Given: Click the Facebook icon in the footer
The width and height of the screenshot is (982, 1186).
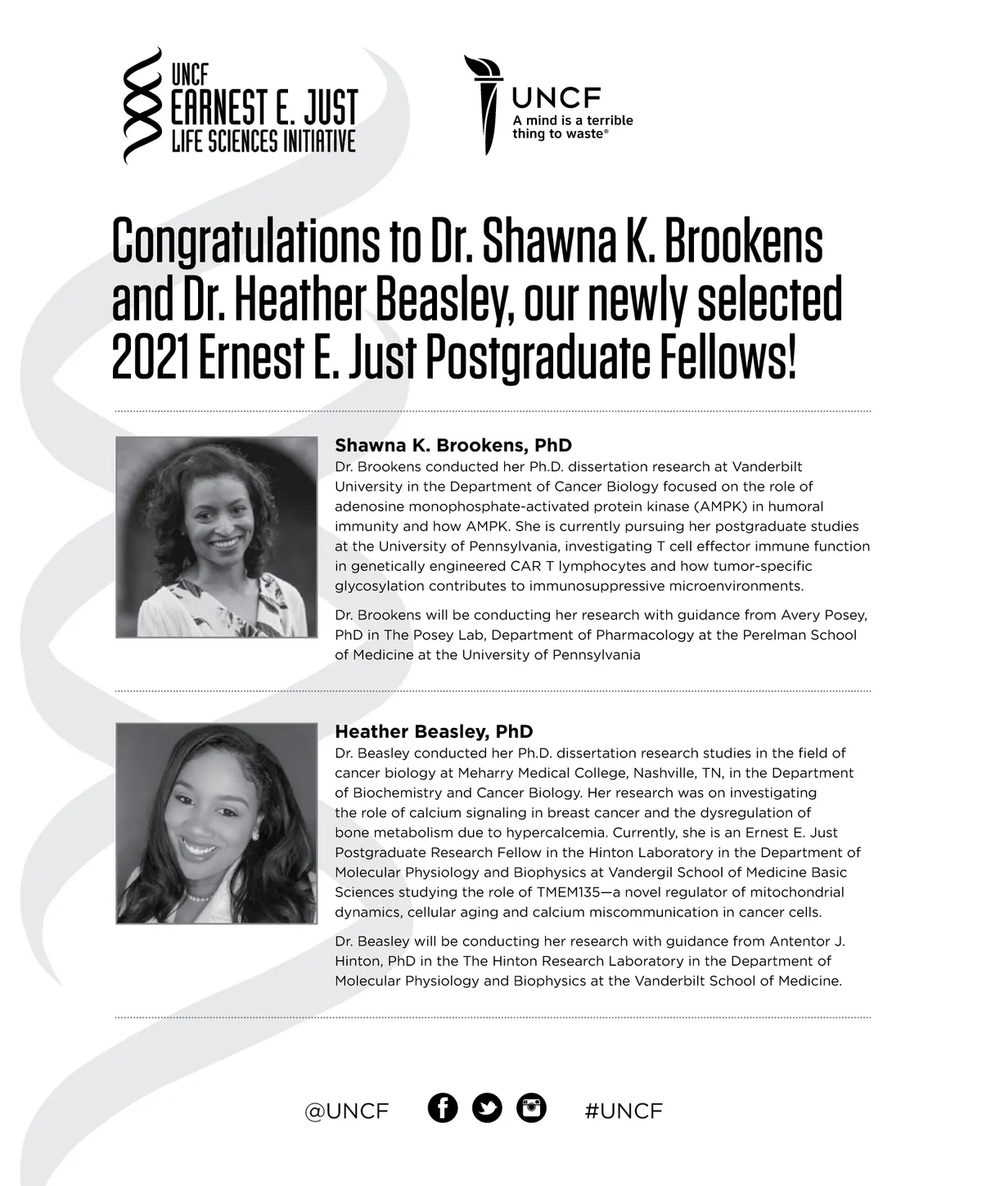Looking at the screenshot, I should [443, 1108].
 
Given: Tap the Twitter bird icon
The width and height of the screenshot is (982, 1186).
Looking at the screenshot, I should [487, 1108].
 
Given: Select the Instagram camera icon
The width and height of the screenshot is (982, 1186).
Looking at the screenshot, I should [531, 1108].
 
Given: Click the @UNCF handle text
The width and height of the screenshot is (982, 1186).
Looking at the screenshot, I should [347, 1111].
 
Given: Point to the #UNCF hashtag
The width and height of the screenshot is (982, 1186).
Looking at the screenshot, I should [624, 1111].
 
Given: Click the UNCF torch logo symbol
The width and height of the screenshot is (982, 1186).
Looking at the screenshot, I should [485, 104].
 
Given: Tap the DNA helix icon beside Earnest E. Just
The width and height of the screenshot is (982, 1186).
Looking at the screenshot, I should [141, 105].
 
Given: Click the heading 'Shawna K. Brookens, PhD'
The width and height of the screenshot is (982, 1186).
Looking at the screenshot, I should [453, 446].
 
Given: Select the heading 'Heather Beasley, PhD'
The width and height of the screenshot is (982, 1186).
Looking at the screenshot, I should [433, 732].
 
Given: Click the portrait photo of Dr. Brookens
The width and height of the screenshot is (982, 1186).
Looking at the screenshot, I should [217, 537].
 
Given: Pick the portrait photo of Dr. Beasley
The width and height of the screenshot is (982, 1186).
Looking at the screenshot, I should [217, 824].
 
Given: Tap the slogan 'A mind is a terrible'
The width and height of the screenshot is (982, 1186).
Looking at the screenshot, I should [572, 120].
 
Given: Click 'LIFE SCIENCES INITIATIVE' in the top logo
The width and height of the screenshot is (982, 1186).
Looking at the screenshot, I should [263, 142].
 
